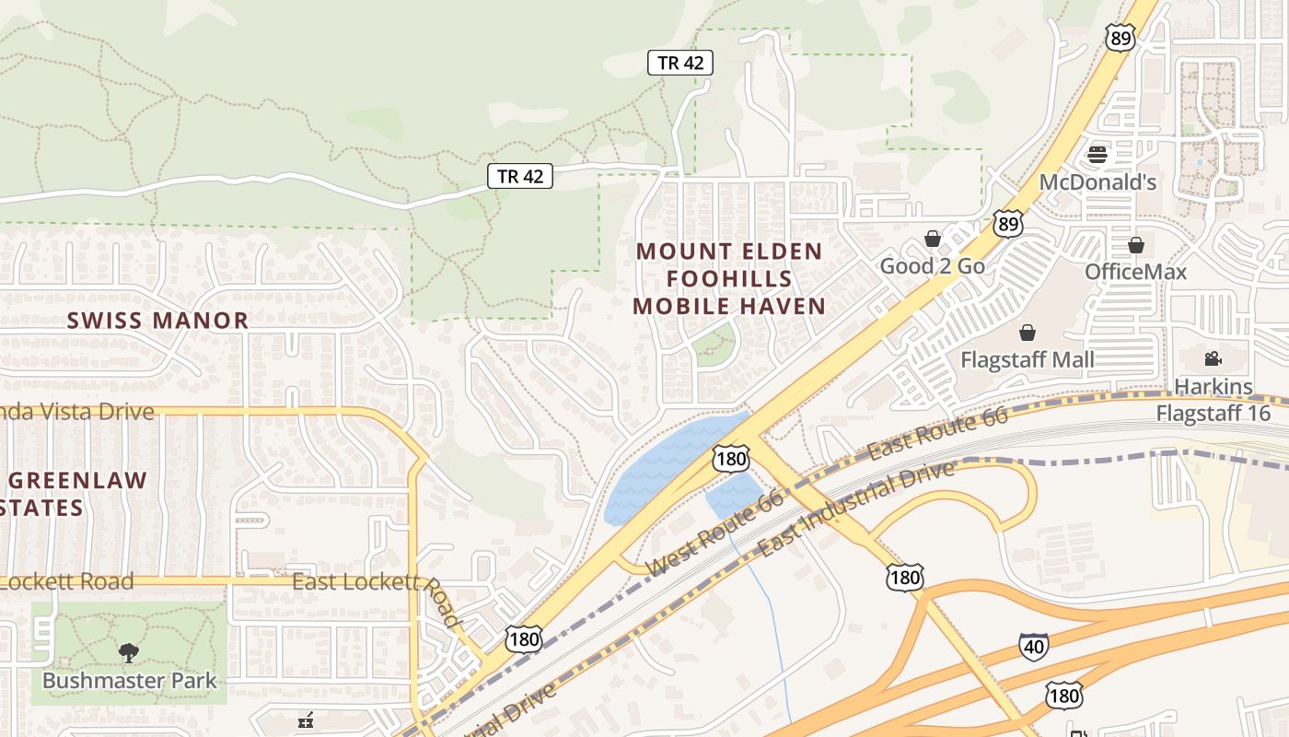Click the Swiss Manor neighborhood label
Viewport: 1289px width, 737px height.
[158, 321]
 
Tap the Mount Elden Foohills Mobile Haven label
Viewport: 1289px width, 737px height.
[729, 278]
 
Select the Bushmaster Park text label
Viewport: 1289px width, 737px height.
[129, 681]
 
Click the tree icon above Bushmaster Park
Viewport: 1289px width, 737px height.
[129, 653]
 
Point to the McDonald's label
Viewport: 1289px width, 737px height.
[1097, 182]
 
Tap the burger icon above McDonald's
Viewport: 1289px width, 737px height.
[1097, 154]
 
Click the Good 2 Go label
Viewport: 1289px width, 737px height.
[932, 266]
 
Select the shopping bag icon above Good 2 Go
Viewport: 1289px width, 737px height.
[933, 240]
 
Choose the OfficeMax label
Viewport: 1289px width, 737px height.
[1135, 272]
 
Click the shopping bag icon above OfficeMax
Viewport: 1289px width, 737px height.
[1136, 245]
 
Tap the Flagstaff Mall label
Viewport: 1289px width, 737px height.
[1028, 359]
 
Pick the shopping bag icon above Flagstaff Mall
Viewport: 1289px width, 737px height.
[1028, 333]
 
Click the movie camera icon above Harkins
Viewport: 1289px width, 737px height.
[1213, 359]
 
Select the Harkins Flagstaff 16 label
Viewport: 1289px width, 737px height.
[1214, 399]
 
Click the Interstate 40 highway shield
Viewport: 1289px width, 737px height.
[1033, 647]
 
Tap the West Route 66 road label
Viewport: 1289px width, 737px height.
[714, 534]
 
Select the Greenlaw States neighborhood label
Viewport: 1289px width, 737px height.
[74, 494]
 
